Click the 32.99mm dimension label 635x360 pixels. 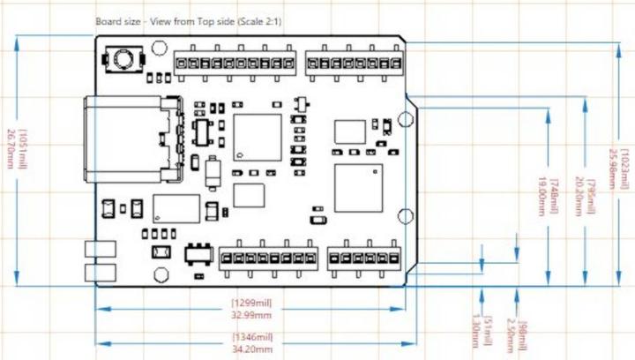pos(251,313)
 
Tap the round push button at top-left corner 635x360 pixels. pos(123,60)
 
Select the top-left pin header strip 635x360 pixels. pos(234,64)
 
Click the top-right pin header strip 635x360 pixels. pos(354,64)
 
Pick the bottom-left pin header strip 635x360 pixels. pos(268,257)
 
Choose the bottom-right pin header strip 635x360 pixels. pos(364,257)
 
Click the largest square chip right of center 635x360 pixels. pos(358,187)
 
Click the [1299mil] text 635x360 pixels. pos(251,303)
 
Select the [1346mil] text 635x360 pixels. pos(251,337)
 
